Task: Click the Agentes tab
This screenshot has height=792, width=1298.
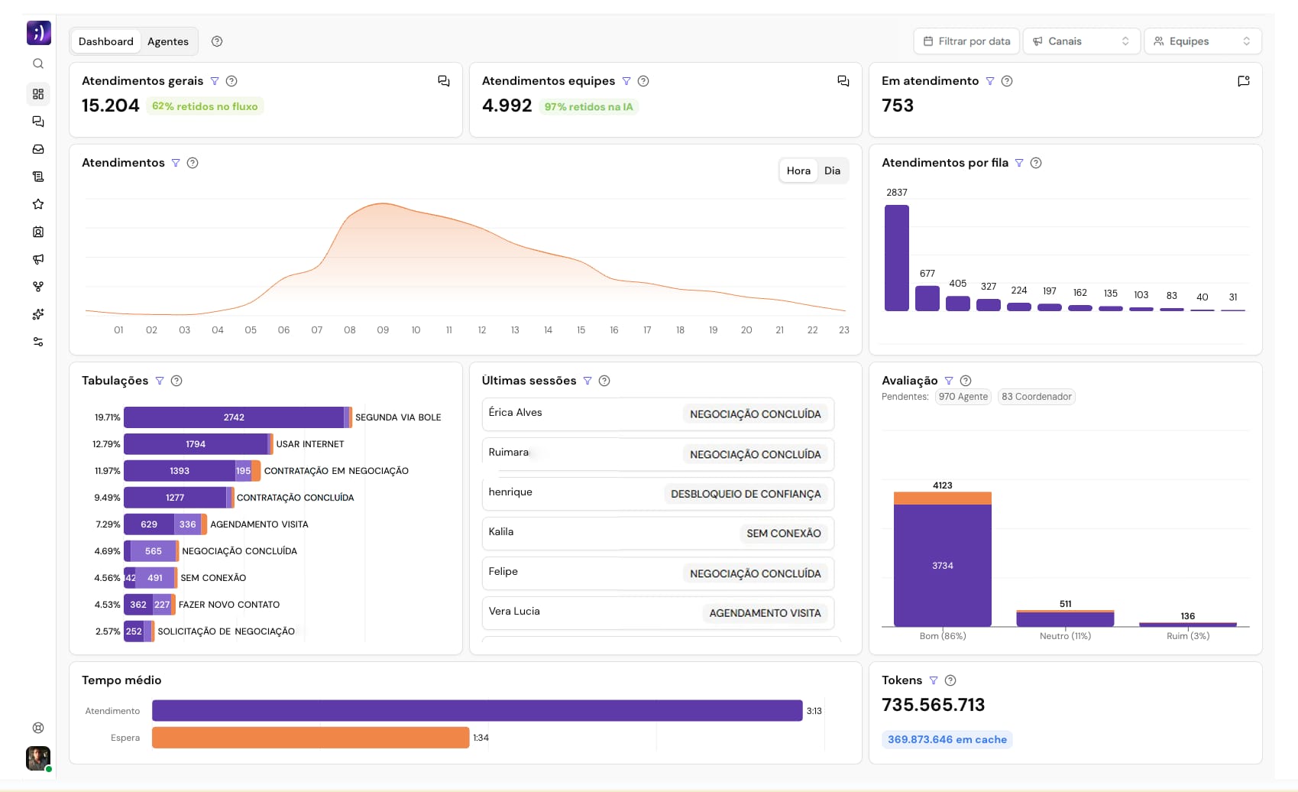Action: pos(167,41)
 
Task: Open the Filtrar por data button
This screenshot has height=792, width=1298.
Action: pos(966,41)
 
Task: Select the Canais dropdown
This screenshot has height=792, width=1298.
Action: pos(1080,41)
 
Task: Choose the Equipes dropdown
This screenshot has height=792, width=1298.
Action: pos(1202,41)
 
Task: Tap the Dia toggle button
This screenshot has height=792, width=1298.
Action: pos(832,170)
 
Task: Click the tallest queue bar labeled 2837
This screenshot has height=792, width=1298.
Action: pos(896,258)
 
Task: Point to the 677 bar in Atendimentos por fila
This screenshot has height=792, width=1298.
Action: pos(927,298)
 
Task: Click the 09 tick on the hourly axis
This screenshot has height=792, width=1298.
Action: pos(383,330)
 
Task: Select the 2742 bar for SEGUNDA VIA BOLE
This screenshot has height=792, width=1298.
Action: pos(234,417)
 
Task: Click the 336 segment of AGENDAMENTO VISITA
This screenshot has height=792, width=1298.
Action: pos(187,524)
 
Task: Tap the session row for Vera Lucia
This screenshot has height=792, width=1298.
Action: pos(657,612)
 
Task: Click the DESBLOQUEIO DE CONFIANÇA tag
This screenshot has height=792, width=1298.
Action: pos(745,494)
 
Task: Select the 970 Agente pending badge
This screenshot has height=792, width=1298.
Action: pos(963,397)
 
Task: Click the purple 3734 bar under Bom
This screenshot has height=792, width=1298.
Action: pos(942,566)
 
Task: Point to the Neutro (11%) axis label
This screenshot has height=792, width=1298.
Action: pos(1064,636)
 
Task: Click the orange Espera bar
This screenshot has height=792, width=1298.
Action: pos(310,738)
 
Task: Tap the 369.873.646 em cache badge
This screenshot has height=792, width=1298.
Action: pos(947,739)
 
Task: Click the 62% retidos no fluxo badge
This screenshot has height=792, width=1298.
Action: pos(205,106)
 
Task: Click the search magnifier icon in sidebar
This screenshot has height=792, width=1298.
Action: pos(38,64)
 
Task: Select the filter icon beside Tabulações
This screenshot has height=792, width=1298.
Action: pos(160,381)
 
